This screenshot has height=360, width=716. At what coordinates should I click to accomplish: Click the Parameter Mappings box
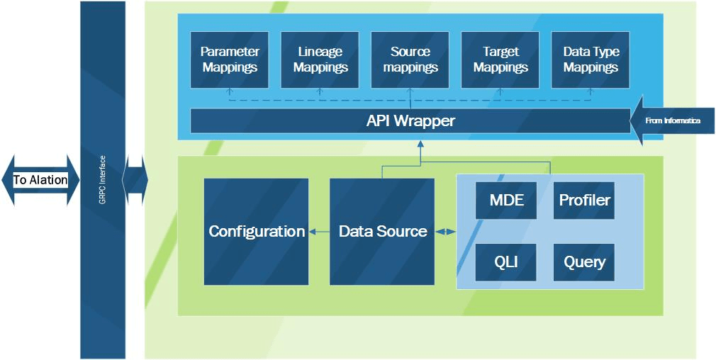[230, 60]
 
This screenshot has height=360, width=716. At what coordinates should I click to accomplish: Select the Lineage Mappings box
[320, 60]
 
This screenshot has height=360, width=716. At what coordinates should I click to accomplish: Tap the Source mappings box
[410, 60]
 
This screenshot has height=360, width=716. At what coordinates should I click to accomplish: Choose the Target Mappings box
[500, 60]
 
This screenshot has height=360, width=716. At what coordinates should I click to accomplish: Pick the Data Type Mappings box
[591, 60]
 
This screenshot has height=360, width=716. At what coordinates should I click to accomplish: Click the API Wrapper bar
[410, 121]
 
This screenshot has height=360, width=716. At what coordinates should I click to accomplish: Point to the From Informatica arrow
[672, 121]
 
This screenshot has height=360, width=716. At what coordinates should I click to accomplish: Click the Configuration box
[256, 231]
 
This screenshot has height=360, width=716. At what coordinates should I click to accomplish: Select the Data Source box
[382, 231]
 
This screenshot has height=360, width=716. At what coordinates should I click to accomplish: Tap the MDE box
[506, 201]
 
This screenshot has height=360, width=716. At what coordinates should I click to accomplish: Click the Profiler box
[584, 201]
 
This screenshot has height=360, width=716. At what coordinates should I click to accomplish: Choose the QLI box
[506, 262]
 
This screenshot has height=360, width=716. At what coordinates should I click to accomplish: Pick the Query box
[584, 262]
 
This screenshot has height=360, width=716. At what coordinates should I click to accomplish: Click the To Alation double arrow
[40, 180]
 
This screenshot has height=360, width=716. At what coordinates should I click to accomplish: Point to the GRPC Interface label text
[103, 180]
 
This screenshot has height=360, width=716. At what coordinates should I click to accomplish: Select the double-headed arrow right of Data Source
[445, 231]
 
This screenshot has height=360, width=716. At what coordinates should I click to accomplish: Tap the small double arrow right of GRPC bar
[135, 180]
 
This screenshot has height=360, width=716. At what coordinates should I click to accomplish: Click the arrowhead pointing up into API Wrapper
[420, 143]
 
